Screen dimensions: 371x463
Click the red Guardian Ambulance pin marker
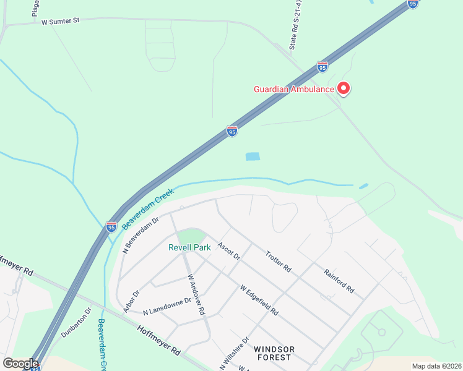(x=343, y=89)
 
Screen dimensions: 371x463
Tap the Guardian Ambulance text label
(x=293, y=89)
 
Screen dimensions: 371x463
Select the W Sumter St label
(x=61, y=21)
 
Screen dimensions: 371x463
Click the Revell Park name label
(x=189, y=247)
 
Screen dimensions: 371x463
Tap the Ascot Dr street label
(x=228, y=250)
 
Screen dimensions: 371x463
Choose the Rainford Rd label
(x=338, y=279)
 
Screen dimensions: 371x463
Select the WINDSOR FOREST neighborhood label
(x=274, y=354)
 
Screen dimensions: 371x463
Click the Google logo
(x=20, y=364)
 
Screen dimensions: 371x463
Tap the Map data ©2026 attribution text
(x=436, y=366)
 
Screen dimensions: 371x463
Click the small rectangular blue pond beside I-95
(x=253, y=156)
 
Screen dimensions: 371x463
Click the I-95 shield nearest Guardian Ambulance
(x=322, y=66)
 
